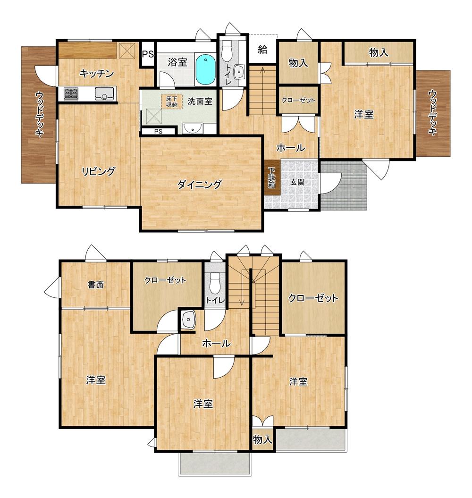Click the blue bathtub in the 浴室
205,69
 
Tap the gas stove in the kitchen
71,93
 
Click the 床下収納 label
172,101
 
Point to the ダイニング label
199,184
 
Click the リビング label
99,171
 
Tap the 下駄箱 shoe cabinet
272,177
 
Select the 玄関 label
297,182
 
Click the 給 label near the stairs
262,50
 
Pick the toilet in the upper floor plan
227,51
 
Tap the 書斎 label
96,285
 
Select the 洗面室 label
200,101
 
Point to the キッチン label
97,74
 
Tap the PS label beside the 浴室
147,54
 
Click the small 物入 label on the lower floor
263,439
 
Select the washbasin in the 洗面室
193,128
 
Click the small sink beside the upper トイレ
239,72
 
